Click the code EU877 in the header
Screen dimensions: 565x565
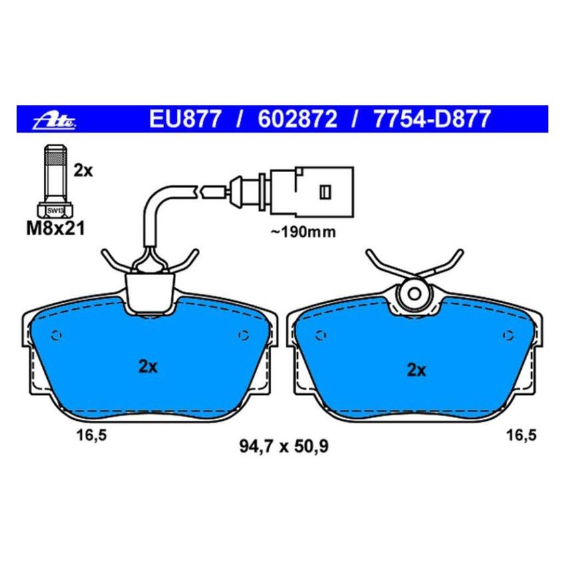point(183,120)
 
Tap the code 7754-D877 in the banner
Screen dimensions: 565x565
point(432,120)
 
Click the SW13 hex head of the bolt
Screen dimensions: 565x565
point(55,211)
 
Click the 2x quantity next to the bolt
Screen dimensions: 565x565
point(84,171)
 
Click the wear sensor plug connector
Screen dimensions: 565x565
point(312,191)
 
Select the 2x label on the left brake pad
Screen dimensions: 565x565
point(147,366)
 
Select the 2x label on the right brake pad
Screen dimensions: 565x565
point(416,370)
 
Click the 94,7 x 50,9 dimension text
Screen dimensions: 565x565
point(284,447)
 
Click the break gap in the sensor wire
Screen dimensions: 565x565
point(199,193)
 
